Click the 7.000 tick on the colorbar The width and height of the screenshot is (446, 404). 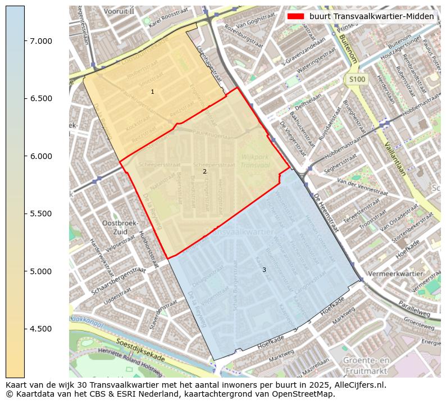(x=41, y=41)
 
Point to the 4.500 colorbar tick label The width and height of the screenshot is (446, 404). (x=41, y=329)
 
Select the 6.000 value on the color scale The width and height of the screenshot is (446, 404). (x=41, y=156)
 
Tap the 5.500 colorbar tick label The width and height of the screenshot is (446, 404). (x=41, y=214)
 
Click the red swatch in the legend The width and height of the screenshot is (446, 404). (x=296, y=16)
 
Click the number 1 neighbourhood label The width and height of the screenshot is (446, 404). (x=152, y=92)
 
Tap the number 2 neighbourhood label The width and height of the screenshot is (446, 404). (x=204, y=171)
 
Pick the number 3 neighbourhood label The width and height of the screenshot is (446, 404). (x=264, y=270)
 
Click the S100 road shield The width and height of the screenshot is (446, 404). (x=357, y=80)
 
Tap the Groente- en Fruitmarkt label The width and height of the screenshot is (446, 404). (x=367, y=366)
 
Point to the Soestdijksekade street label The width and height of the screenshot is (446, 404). (x=140, y=350)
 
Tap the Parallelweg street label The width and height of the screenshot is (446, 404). (x=414, y=308)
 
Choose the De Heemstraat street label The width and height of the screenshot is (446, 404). (x=326, y=214)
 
